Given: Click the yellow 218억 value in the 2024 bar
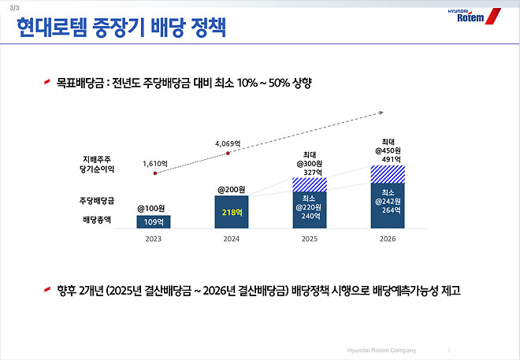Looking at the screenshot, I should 232,213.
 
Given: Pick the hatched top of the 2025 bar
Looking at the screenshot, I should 310,184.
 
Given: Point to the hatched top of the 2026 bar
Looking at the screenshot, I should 388,173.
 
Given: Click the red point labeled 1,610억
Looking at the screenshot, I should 155,173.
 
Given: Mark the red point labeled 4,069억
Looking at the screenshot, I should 228,154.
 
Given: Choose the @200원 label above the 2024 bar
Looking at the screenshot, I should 232,189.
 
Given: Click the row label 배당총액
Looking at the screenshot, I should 95,220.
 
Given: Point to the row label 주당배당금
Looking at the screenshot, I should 95,199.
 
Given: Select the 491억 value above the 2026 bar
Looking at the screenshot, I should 388,159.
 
